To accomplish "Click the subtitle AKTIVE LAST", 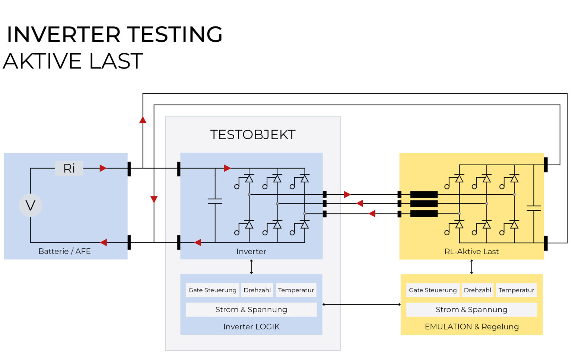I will [x=73, y=61].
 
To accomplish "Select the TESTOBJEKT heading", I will [x=252, y=135].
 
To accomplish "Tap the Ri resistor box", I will [x=69, y=168].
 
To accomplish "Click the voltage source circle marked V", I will [x=30, y=205].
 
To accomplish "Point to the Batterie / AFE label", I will [x=64, y=251].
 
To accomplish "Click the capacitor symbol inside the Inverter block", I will [x=215, y=201].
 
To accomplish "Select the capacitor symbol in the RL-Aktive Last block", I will [x=533, y=208].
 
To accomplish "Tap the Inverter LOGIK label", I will [x=251, y=326].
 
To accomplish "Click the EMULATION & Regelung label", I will [x=471, y=326].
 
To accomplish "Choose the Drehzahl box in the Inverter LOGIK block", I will [x=257, y=290].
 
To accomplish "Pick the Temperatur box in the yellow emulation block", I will [x=516, y=290].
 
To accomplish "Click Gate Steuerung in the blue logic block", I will [x=212, y=290].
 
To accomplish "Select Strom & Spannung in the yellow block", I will [x=471, y=309].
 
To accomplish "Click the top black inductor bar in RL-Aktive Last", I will [x=424, y=194].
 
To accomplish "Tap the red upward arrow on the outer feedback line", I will [x=143, y=120].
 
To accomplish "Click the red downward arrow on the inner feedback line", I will [x=154, y=199].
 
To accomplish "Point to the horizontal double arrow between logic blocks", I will [x=361, y=305].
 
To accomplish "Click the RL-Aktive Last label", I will [x=471, y=251].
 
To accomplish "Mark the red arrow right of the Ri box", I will [x=103, y=168].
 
